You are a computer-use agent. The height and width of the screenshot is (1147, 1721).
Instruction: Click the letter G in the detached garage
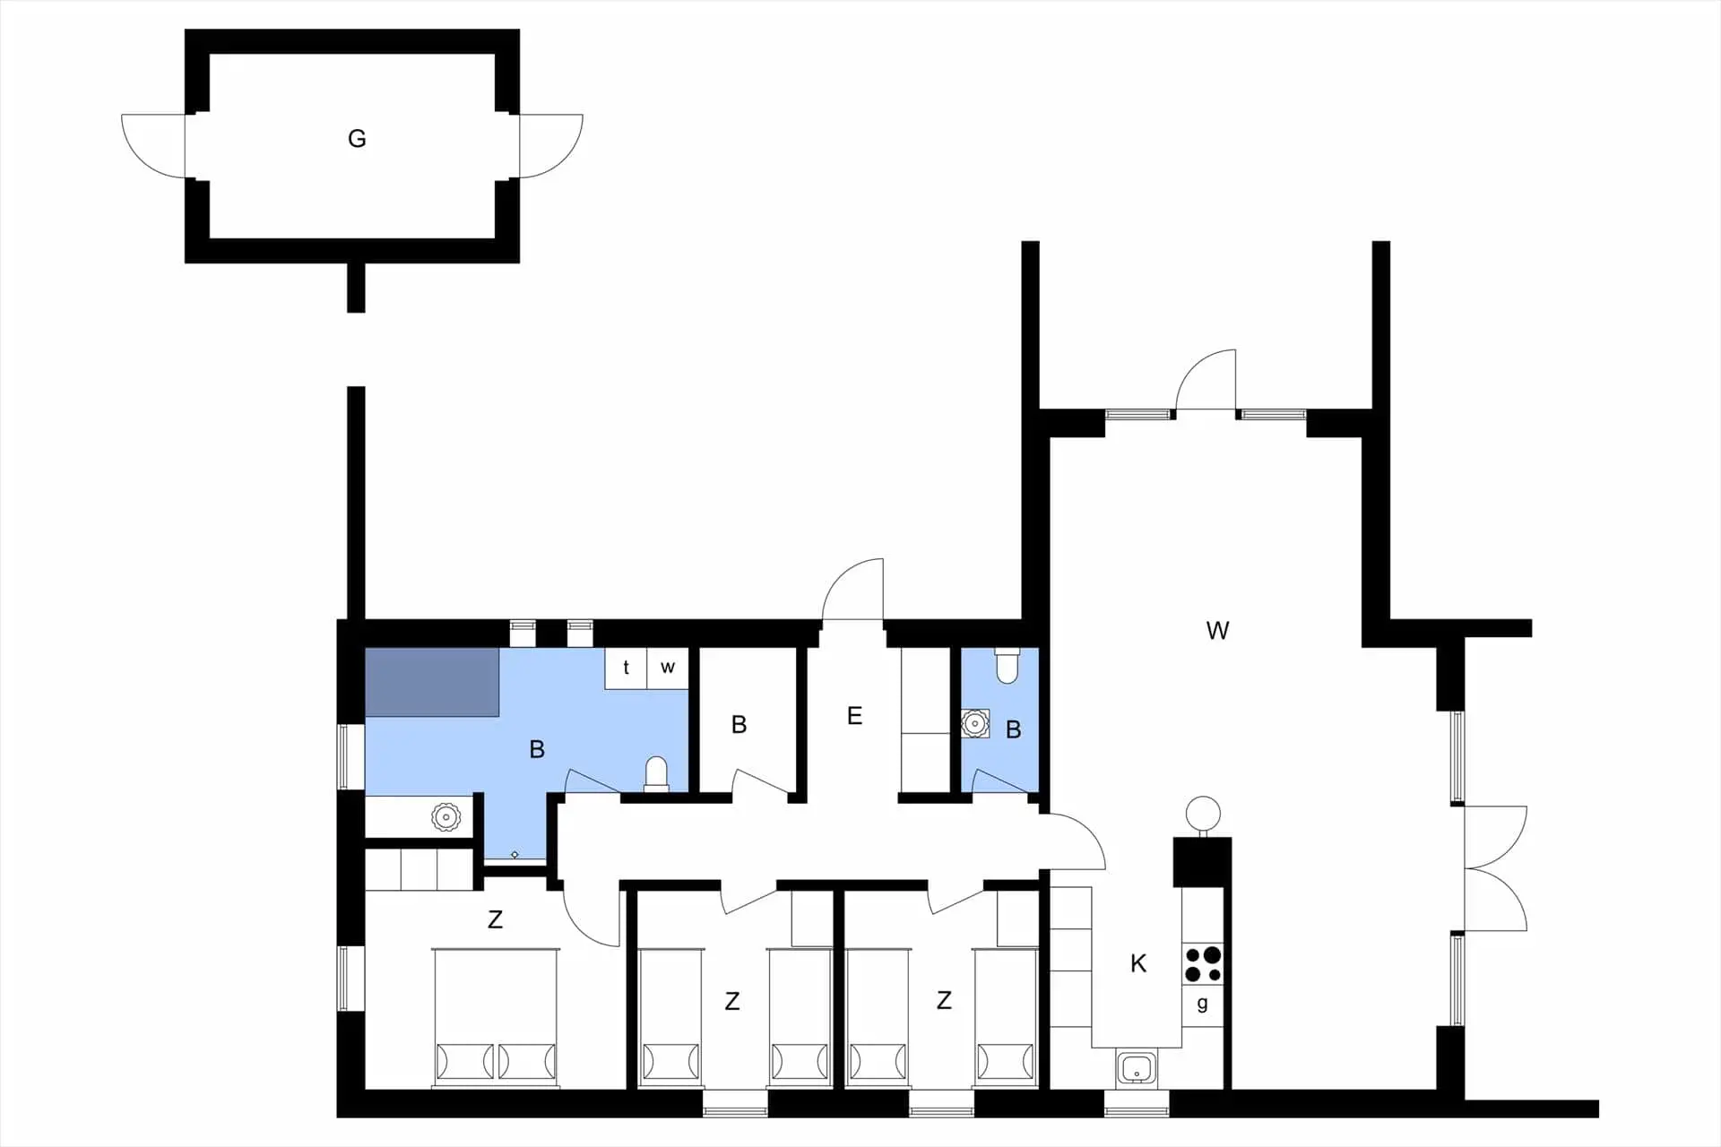coord(357,139)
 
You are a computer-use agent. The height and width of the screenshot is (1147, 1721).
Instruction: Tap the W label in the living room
coord(1217,631)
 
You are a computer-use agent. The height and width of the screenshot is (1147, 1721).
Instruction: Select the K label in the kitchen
coord(1138,963)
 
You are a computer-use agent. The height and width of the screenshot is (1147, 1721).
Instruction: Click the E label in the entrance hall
coord(854,716)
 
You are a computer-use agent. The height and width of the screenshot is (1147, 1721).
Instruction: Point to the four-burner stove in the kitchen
coord(1203,964)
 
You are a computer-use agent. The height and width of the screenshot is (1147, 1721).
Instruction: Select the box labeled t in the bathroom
coord(626,668)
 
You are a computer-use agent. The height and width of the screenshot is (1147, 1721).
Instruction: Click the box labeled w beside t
coord(668,668)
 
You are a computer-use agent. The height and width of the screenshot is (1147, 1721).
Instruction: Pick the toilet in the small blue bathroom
coord(1007,665)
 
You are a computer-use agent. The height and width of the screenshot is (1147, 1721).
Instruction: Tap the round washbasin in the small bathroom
coord(974,723)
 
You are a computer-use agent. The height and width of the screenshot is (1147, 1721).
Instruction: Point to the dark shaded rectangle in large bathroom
coord(432,682)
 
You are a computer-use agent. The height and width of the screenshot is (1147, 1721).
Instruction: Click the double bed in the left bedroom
coord(496,1018)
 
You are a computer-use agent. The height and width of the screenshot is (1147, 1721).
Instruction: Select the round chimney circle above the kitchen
coord(1203,814)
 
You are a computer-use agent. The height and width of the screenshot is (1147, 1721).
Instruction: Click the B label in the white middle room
coord(739,725)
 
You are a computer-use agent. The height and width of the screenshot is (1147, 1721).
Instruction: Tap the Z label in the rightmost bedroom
coord(944,1001)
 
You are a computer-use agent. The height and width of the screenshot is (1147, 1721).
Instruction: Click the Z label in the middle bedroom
coord(732,1002)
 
